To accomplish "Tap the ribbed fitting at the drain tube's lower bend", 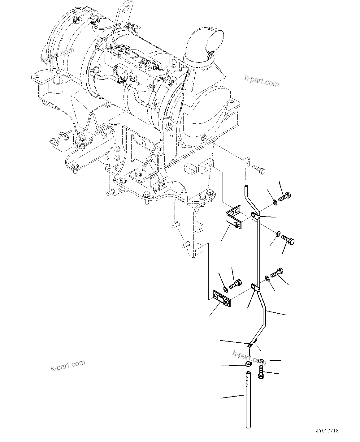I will pyautogui.click(x=251, y=344).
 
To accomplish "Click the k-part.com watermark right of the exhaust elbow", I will pyautogui.click(x=261, y=82).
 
